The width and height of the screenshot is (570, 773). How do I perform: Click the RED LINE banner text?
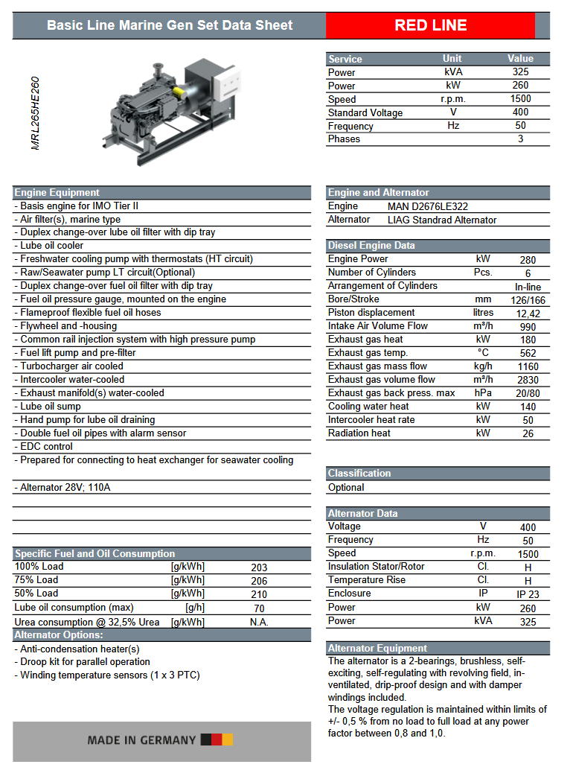430,25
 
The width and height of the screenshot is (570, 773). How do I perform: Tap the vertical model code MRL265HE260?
36,113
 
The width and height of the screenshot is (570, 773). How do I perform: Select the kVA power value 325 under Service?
520,72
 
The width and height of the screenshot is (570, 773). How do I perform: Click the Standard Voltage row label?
365,112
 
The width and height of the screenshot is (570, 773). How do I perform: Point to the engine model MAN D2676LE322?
428,206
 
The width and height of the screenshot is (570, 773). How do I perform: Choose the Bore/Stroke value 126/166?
528,300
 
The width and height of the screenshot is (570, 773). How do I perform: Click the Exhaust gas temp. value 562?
528,354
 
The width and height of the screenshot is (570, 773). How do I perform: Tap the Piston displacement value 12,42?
528,314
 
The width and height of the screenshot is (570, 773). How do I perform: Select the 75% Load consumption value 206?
259,581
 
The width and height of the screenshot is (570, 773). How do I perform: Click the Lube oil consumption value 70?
259,608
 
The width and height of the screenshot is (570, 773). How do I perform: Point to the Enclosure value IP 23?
528,594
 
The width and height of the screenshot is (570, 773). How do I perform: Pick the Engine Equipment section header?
57,192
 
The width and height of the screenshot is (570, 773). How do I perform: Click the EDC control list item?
46,447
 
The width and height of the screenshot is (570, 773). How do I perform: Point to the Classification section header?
359,473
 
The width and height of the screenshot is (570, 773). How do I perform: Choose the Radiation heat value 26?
528,434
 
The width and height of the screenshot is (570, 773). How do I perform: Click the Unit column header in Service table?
452,58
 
